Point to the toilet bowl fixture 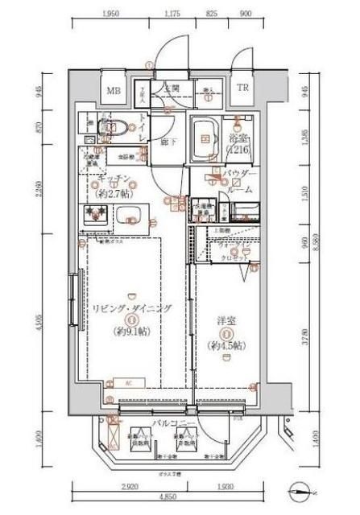coord(109,126)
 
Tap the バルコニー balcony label coord(176,422)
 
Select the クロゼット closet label coord(234,257)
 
